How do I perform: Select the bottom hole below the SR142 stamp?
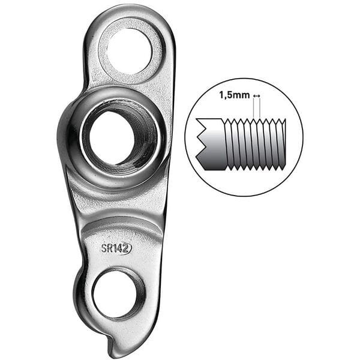pos(118,293)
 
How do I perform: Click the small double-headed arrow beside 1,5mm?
pos(257,96)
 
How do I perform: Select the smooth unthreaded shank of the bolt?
pos(212,144)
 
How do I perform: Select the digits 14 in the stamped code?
pos(118,248)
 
